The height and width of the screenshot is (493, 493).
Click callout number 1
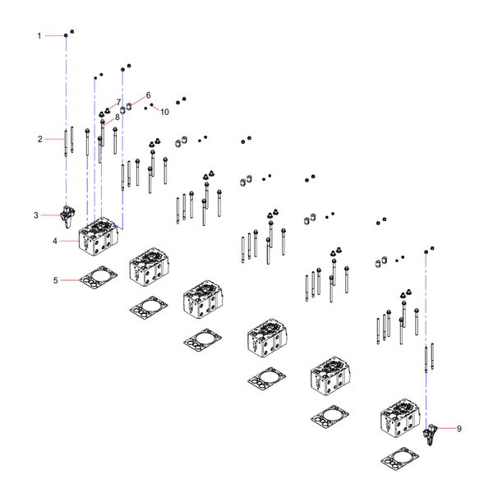[39, 36]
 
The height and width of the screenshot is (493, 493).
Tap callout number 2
[40, 139]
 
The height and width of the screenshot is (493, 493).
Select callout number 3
[36, 215]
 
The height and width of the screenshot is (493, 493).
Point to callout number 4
[55, 241]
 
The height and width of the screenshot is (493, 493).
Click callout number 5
[56, 280]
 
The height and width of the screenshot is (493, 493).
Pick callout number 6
[148, 95]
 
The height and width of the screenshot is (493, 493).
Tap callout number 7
[118, 102]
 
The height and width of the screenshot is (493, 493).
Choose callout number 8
[117, 117]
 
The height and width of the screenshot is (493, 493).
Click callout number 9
[459, 429]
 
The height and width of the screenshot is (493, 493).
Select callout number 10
[165, 112]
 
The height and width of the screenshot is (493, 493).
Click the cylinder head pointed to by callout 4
[99, 237]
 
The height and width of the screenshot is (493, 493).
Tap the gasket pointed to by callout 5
[99, 278]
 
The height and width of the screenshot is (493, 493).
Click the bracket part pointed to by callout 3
[67, 215]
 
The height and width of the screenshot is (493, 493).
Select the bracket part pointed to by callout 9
[430, 434]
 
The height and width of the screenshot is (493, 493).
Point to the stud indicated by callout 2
[66, 143]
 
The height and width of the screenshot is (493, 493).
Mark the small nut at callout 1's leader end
[66, 35]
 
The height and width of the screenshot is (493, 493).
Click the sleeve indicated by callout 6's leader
[129, 106]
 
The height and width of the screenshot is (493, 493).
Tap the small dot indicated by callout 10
[152, 104]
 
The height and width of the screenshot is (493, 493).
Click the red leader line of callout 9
[446, 428]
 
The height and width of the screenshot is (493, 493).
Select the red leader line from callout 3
[50, 215]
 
